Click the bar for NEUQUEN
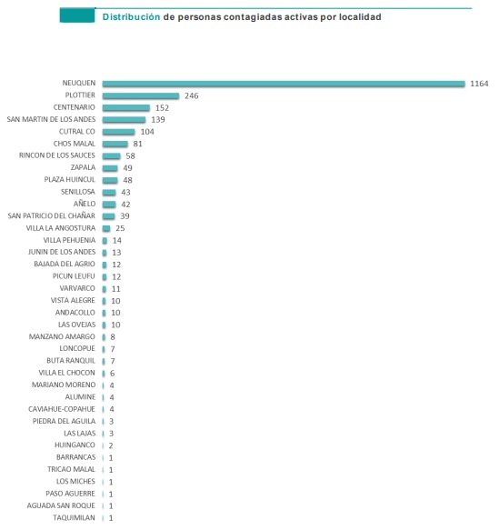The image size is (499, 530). click(284, 84)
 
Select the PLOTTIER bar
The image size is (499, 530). click(141, 96)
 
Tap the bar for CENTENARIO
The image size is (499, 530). click(126, 108)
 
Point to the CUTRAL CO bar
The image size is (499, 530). click(118, 132)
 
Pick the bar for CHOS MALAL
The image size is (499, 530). click(115, 144)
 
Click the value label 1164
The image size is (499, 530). click(479, 84)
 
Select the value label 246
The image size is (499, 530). click(191, 95)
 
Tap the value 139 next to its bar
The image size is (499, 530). click(158, 120)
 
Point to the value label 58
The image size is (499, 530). click(130, 155)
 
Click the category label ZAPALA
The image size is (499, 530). click(83, 167)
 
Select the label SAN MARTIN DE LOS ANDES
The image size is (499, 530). click(51, 119)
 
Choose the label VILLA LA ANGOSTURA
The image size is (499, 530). click(61, 228)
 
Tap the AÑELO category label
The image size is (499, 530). click(85, 204)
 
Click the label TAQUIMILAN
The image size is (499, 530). click(74, 518)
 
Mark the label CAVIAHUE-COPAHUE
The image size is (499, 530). click(62, 409)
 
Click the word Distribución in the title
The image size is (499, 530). click(131, 17)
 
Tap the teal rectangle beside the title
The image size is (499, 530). click(77, 15)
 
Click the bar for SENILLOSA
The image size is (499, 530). click(109, 193)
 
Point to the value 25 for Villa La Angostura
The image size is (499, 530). click(120, 228)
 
